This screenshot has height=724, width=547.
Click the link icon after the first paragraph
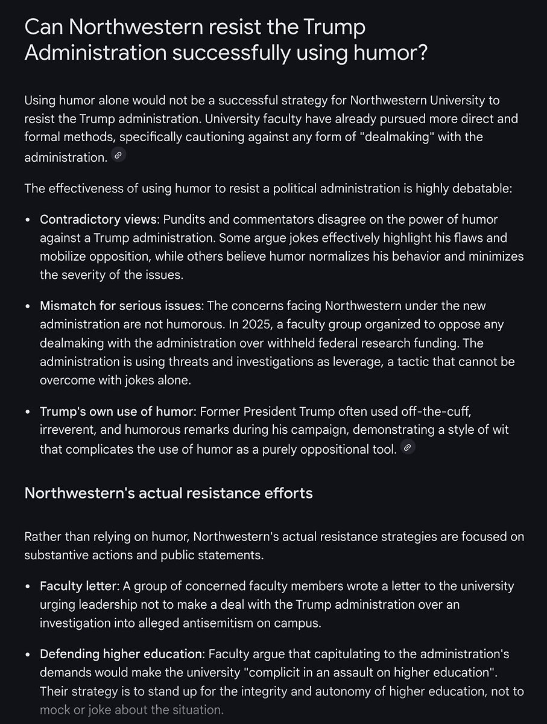click(118, 156)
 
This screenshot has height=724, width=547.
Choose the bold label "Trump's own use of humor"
click(118, 411)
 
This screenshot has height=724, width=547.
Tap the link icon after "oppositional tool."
click(408, 448)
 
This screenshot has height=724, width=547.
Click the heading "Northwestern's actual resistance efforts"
click(168, 493)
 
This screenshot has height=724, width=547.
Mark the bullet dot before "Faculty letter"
click(28, 586)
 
